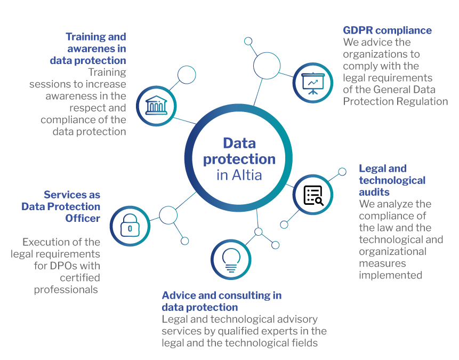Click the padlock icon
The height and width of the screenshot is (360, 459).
click(130, 226)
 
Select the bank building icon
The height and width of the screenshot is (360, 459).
click(156, 106)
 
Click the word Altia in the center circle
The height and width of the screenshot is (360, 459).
click(247, 175)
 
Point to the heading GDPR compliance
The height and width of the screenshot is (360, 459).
click(387, 30)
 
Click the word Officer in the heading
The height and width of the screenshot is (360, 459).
click(83, 218)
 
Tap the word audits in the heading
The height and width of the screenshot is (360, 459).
click(374, 192)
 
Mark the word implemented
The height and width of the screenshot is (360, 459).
click(391, 275)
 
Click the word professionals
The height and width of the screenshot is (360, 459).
click(66, 290)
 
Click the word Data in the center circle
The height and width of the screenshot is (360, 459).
click(239, 143)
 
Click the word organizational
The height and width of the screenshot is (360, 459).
click(392, 252)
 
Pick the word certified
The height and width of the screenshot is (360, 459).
click(80, 278)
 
